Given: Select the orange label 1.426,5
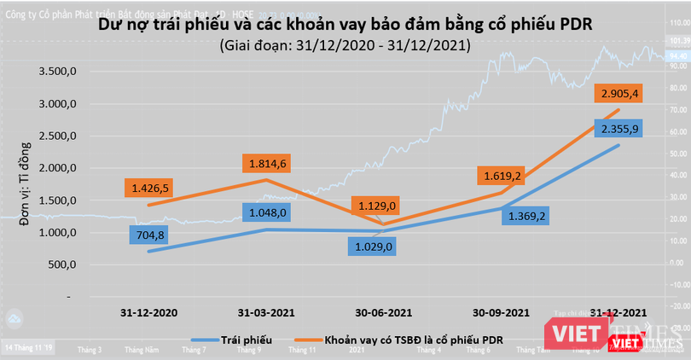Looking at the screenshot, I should tap(146, 187).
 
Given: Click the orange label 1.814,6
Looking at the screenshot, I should tap(266, 161).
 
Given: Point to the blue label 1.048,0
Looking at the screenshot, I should tap(267, 211).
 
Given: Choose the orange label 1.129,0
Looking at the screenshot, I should tap(376, 206).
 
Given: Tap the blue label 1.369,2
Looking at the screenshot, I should tap(527, 216).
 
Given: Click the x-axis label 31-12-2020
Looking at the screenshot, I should tap(149, 312).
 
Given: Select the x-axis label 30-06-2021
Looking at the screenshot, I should tap(384, 312).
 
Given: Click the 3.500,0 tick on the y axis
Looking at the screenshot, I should tap(59, 72).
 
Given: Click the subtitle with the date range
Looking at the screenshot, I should tap(344, 44).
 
